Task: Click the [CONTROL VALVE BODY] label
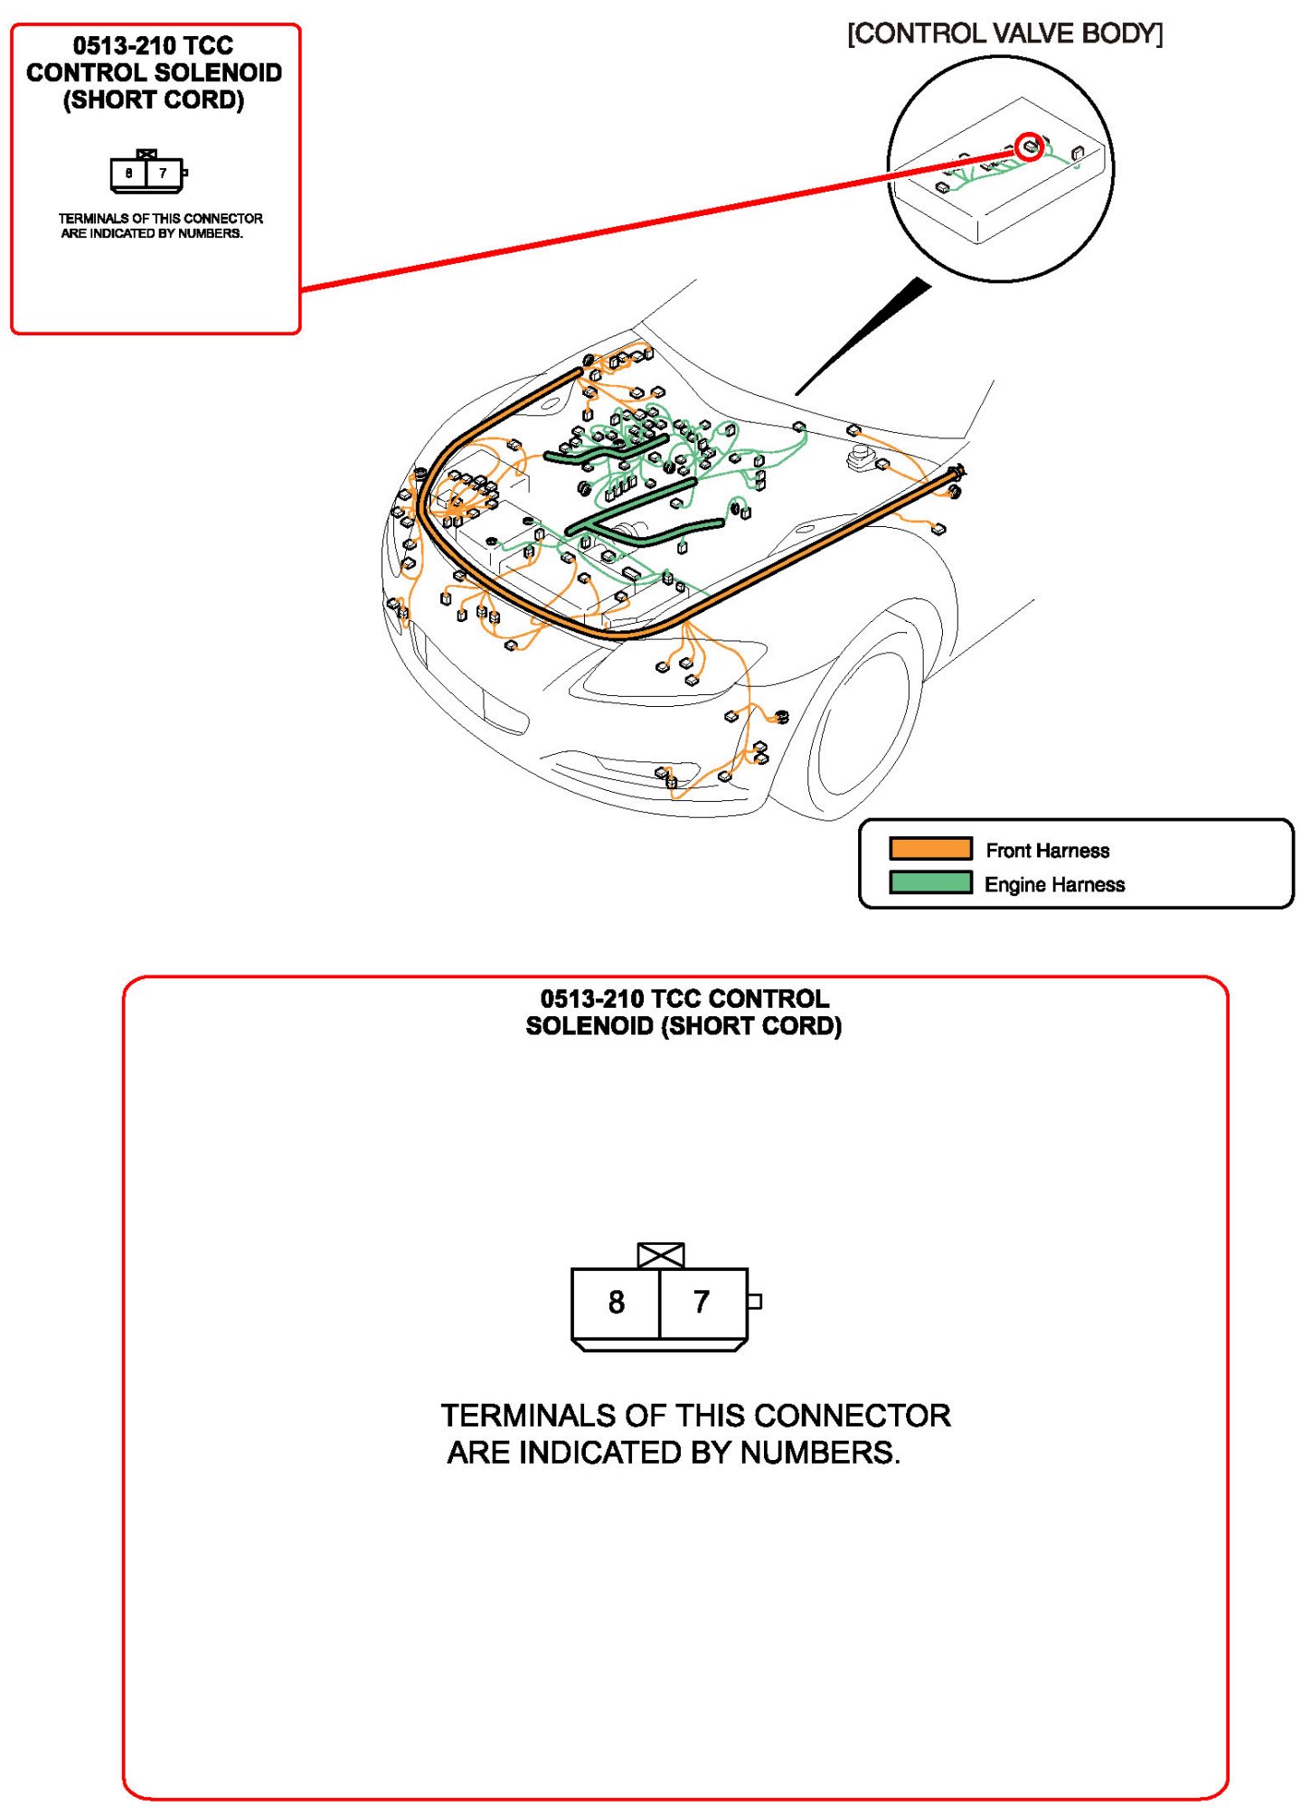click(1004, 33)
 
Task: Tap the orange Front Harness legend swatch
click(929, 848)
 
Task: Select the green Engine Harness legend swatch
click(929, 881)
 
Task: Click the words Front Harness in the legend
click(1047, 850)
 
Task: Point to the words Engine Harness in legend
click(1054, 884)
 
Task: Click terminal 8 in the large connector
click(616, 1302)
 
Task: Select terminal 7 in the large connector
click(702, 1302)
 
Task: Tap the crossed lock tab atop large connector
click(660, 1255)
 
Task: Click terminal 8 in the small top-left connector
click(129, 173)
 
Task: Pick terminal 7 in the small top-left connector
click(163, 173)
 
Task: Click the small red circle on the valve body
click(1029, 146)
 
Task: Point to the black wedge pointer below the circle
click(868, 334)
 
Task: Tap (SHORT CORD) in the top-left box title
click(154, 99)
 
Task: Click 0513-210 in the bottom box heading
click(591, 999)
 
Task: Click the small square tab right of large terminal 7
click(754, 1301)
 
